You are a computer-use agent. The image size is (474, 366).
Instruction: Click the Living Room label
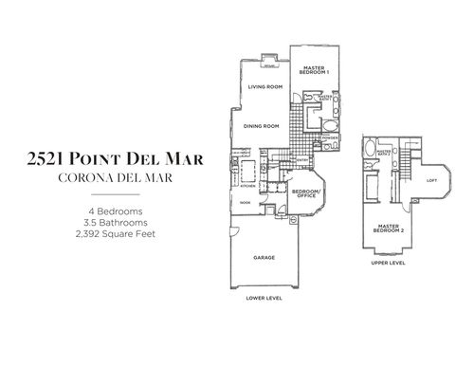266,87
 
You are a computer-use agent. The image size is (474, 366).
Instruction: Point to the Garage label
264,257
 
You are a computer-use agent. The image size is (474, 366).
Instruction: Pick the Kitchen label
232,186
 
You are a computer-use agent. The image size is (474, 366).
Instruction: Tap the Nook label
245,202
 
